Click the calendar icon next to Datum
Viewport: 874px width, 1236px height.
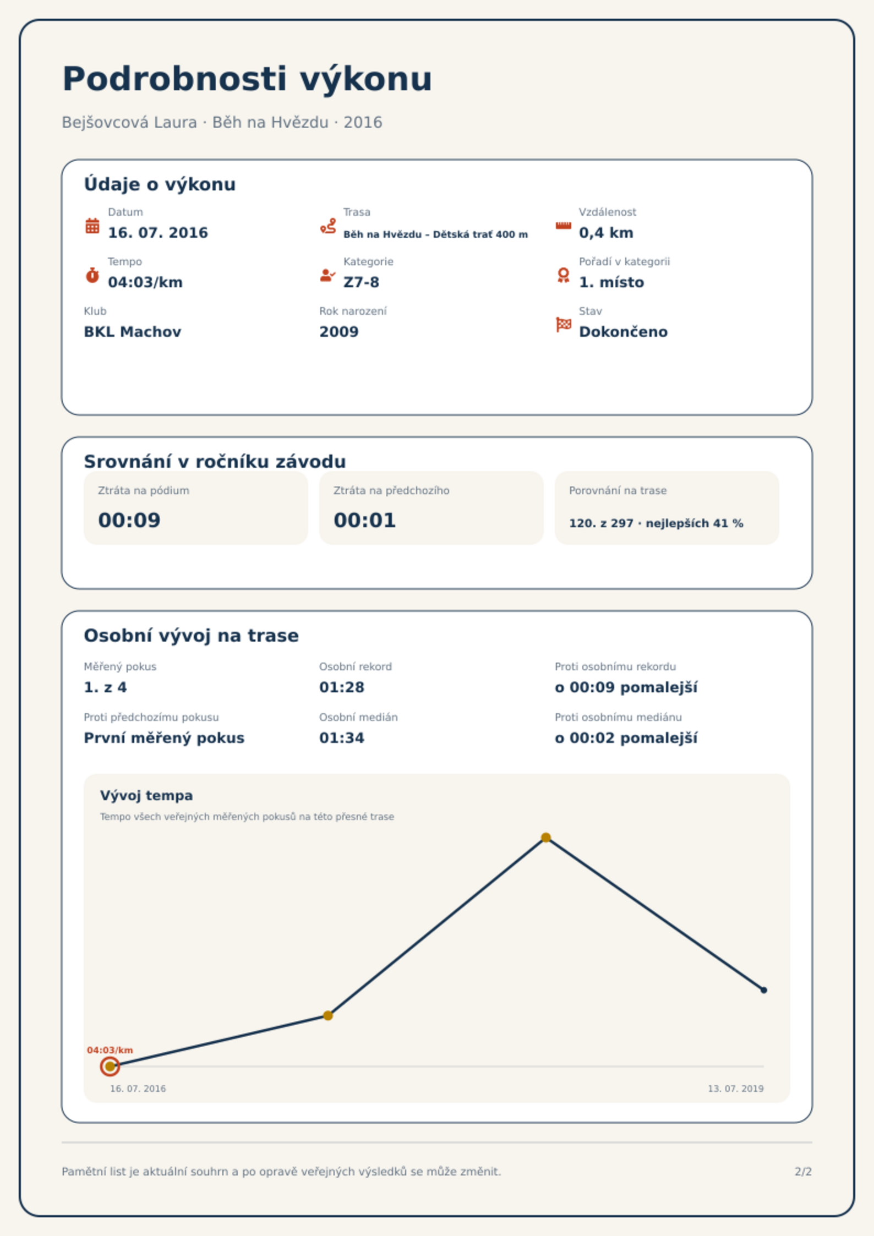(92, 226)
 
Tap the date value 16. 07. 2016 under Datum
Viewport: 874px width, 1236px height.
(158, 233)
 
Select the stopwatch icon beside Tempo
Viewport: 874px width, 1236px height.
(92, 275)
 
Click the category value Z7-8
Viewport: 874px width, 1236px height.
(361, 282)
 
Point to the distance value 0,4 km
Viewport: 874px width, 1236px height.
(606, 233)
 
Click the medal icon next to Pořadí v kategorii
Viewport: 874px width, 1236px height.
(563, 275)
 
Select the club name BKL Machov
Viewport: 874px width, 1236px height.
(132, 332)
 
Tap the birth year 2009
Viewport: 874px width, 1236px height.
(338, 332)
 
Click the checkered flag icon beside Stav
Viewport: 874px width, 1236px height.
(564, 325)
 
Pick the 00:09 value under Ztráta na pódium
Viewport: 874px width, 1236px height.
(129, 520)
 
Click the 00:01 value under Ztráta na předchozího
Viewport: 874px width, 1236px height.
(365, 520)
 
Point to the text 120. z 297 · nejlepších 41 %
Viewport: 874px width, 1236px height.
(656, 523)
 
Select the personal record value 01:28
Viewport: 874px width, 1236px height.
(342, 687)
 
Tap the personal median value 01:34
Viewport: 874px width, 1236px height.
(342, 738)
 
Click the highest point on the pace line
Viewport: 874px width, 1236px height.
(546, 838)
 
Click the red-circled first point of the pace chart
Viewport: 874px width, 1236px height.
(110, 1067)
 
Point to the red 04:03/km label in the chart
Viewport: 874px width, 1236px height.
(110, 1050)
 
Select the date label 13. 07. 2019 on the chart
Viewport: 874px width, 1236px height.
(735, 1089)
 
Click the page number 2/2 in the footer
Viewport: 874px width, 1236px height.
(803, 1172)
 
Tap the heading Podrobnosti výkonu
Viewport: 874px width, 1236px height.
(247, 79)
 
